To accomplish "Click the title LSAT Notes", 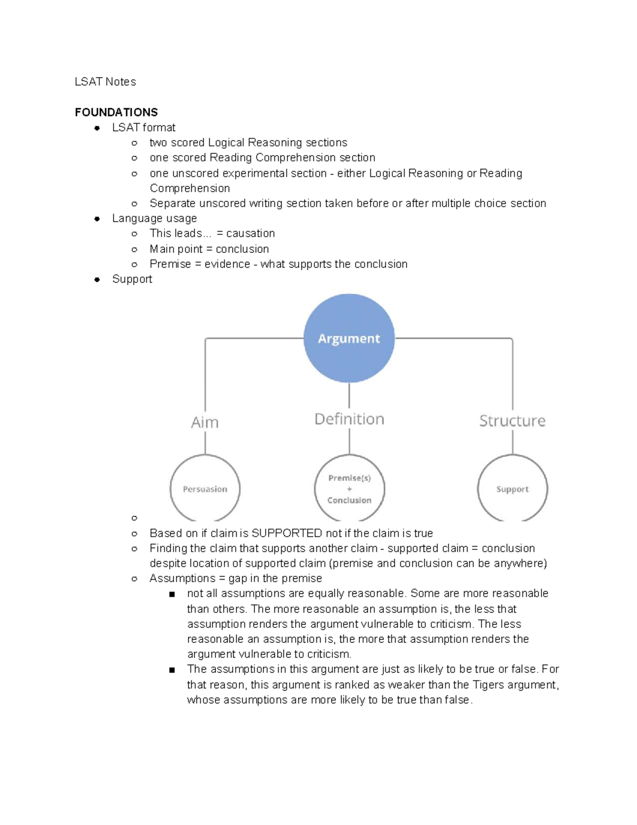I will coord(105,82).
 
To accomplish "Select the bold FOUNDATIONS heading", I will coord(116,112).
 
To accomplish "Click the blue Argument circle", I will coord(349,338).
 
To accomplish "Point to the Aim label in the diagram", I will coord(204,422).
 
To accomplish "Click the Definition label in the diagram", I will coord(349,419).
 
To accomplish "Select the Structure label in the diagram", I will coord(512,421).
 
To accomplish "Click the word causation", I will coord(251,234).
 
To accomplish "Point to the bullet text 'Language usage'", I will coord(154,218).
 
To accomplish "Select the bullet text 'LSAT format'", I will coord(144,127).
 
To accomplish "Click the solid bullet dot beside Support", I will coord(97,279).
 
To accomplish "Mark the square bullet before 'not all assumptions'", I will coord(172,594).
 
